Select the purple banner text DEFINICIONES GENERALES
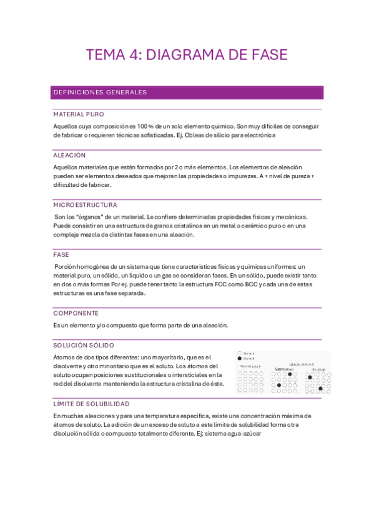[x=100, y=92]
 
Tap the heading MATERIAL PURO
[x=79, y=115]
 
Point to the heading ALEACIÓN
[x=69, y=155]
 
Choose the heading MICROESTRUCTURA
[x=85, y=205]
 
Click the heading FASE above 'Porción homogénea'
[x=61, y=255]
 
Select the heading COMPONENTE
[x=76, y=313]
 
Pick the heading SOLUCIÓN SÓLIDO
[x=84, y=345]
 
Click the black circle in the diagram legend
[x=240, y=359]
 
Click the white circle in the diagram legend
[x=240, y=353]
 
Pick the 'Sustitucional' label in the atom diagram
[x=284, y=369]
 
